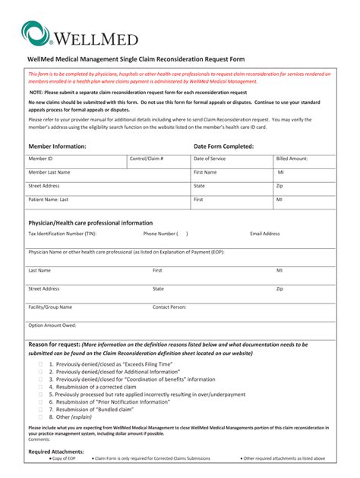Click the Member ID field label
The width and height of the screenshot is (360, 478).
click(40, 159)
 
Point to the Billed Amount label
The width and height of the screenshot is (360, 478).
click(292, 159)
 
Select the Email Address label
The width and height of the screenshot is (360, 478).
click(265, 234)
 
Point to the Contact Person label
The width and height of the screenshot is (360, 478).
click(169, 307)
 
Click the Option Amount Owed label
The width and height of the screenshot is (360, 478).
click(52, 325)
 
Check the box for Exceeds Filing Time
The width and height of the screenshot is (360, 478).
click(40, 364)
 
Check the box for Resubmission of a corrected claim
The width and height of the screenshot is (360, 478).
click(40, 387)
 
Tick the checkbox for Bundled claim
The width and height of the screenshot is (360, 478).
click(40, 409)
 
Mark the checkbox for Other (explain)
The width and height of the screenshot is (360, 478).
click(40, 417)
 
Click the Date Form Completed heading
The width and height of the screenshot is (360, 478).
click(223, 146)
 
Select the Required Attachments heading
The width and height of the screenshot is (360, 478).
click(56, 451)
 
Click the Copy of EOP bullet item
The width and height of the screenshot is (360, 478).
click(62, 458)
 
